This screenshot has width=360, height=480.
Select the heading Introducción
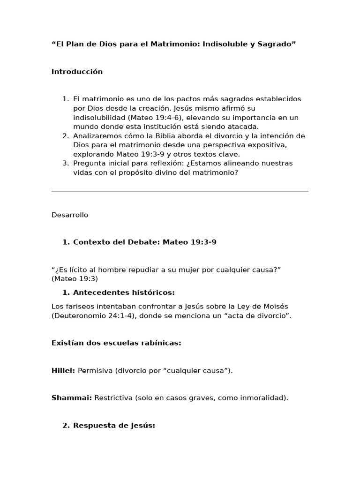tap(77, 72)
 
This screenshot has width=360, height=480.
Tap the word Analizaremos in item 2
tap(95, 136)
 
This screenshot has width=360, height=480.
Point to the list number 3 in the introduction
tap(65, 163)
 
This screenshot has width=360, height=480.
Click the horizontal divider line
tap(180, 191)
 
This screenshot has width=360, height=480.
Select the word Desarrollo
tap(70, 215)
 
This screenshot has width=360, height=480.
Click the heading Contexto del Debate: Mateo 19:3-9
tap(144, 242)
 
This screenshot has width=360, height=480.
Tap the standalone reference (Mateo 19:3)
tap(75, 279)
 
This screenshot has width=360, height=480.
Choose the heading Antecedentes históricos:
tap(124, 293)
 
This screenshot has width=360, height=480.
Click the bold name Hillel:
tap(63, 371)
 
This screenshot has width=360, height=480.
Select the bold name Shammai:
tap(72, 398)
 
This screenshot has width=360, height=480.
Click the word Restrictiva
tap(113, 398)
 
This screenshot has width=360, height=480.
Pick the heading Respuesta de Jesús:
tap(114, 426)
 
